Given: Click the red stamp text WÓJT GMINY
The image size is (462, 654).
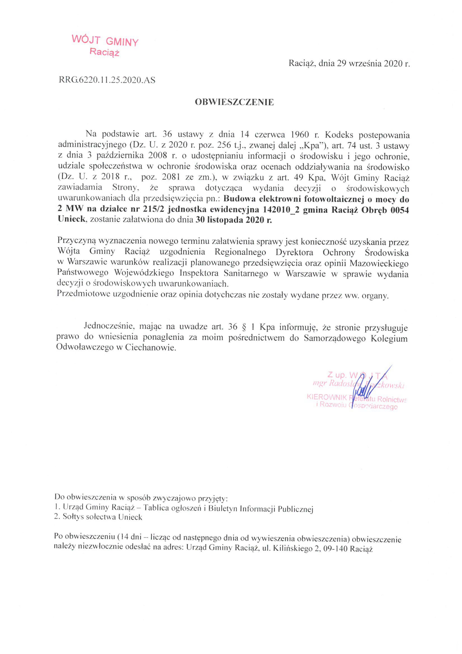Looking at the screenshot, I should point(105,41).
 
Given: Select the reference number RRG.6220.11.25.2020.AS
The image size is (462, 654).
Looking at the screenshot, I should point(107,80).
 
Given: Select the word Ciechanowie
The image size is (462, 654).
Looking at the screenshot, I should point(151,348).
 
